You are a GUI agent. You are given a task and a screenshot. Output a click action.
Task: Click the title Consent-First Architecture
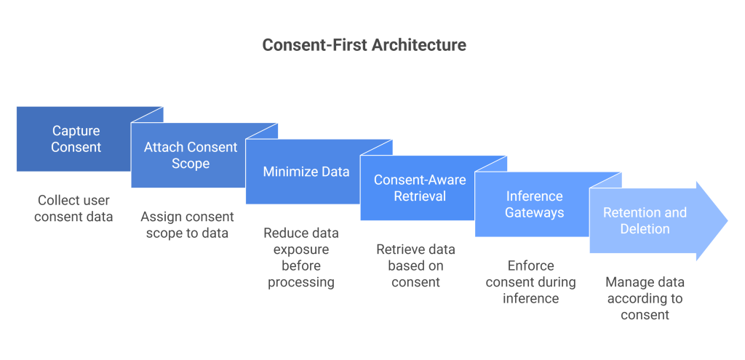364,45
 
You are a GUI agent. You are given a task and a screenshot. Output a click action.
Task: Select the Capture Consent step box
76,139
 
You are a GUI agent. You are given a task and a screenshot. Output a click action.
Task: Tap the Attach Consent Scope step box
190,156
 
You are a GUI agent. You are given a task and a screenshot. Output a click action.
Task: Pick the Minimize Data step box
306,172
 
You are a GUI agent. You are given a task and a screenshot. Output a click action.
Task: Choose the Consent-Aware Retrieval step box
420,188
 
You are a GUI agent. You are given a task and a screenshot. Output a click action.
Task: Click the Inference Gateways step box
534,204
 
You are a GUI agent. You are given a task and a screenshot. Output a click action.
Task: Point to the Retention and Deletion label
645,220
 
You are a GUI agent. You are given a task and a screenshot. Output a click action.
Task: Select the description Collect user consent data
73,208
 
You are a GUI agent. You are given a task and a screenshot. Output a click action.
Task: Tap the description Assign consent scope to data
187,225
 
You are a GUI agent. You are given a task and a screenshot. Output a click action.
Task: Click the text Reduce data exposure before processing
301,257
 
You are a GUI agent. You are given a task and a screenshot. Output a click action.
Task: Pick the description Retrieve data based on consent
416,265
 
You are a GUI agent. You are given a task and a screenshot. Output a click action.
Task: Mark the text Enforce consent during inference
530,282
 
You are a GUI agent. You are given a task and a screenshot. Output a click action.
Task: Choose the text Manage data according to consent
645,298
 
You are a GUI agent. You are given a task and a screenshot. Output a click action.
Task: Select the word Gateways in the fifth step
534,213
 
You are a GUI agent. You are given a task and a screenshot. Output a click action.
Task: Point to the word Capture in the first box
76,131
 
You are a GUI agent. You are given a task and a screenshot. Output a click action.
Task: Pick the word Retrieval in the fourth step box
420,196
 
